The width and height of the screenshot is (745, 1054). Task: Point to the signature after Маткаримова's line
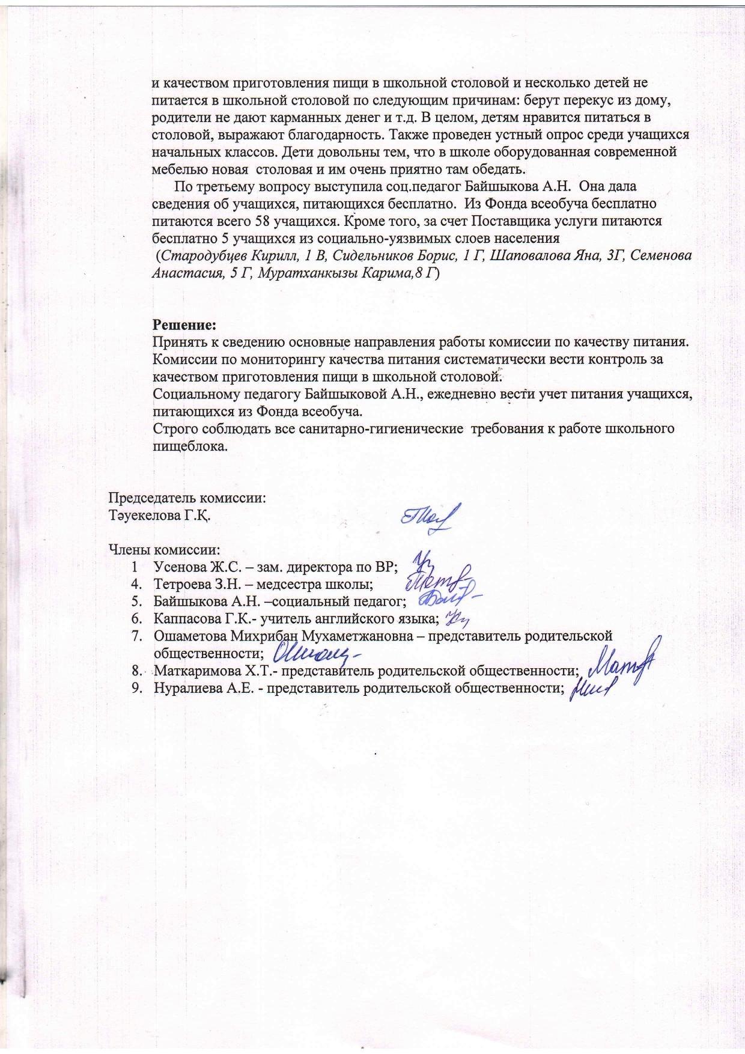pos(622,663)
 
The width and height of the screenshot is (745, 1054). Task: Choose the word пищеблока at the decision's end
pos(190,446)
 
